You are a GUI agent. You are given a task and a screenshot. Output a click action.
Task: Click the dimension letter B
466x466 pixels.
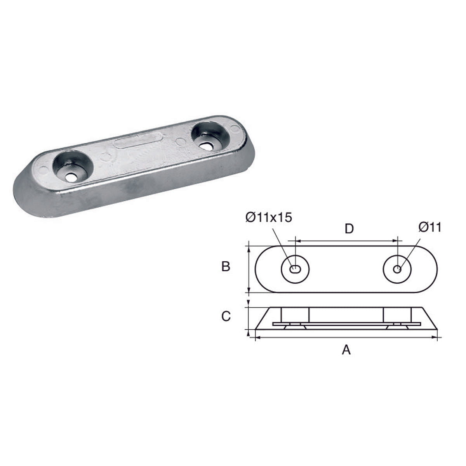pyautogui.click(x=226, y=267)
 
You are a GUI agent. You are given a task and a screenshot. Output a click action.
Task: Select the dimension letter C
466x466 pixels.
pyautogui.click(x=226, y=316)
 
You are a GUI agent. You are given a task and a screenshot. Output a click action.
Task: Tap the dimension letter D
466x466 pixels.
pyautogui.click(x=349, y=229)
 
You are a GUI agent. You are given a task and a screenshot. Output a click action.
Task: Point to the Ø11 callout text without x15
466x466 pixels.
pyautogui.click(x=430, y=228)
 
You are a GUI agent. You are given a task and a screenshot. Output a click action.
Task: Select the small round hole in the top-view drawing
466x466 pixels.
pyautogui.click(x=397, y=269)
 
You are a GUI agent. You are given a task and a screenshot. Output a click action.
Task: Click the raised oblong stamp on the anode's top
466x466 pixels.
pyautogui.click(x=138, y=141)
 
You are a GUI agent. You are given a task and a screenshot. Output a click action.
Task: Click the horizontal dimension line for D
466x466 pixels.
pyautogui.click(x=347, y=241)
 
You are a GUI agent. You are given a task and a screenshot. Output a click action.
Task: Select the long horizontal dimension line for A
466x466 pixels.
pyautogui.click(x=346, y=338)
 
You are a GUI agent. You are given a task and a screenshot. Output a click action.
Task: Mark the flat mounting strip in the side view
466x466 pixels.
pyautogui.click(x=346, y=323)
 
